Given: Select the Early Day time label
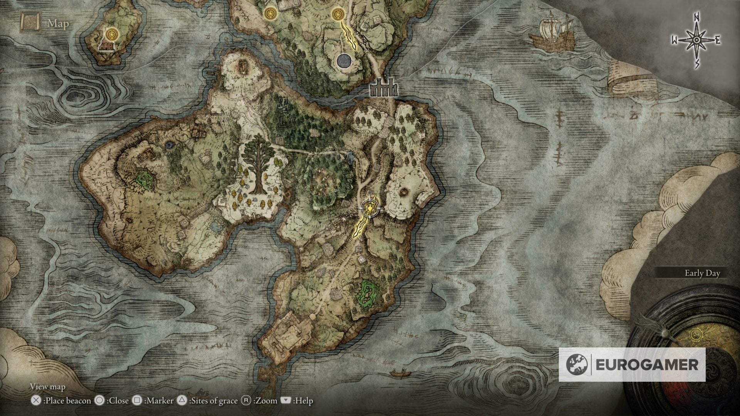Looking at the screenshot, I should coord(702,273).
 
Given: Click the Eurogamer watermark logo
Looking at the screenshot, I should coord(632,364).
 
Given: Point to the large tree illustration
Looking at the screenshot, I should coord(258,167).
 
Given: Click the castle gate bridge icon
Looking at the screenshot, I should coord(383,89).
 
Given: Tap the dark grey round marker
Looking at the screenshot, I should coord(343,61).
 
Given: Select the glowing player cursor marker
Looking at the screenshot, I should coord(370,209).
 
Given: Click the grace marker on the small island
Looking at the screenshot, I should coord(112,34).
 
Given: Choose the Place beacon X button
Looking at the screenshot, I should coord(36,401).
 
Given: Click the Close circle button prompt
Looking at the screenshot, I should coord(99,401).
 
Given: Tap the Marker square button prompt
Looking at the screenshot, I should coord(136,401).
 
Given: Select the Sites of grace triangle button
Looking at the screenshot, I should coord(182,401).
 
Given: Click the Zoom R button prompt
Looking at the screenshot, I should coord(246,401).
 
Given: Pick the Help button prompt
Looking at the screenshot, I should coord(286,401).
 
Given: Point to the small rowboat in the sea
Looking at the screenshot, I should coord(399,372).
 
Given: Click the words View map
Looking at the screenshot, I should coord(48,387).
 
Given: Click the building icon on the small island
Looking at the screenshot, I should coord(108,47).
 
